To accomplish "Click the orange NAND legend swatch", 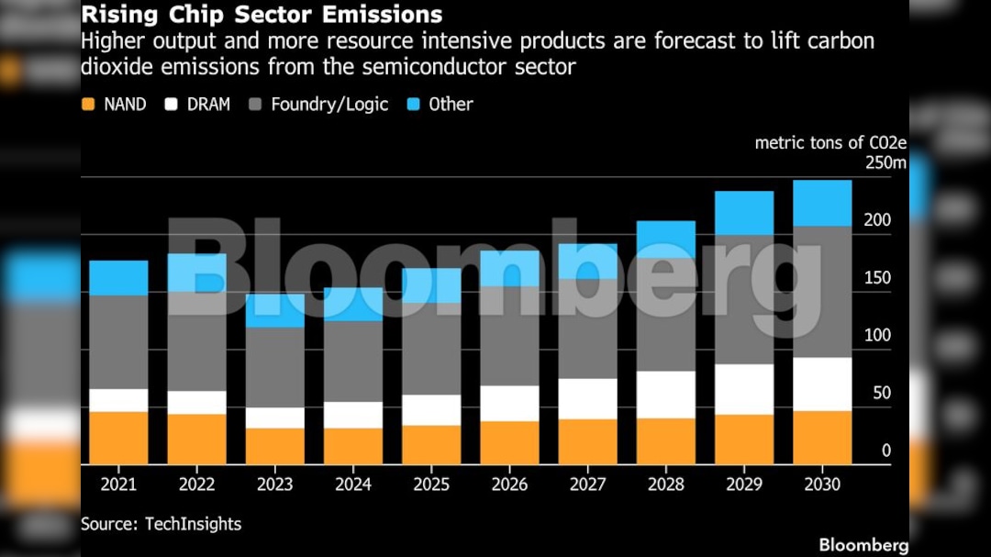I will [x=89, y=105].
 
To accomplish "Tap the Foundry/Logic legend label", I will [x=329, y=105].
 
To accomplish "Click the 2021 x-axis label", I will [x=118, y=484].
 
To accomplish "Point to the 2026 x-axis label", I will [x=509, y=484].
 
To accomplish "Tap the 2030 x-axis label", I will [x=822, y=484].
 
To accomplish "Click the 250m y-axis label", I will [x=885, y=163].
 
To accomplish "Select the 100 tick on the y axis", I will [x=877, y=336].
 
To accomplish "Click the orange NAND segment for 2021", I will [x=118, y=438].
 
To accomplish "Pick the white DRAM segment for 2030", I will [x=822, y=384].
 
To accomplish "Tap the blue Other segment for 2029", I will [x=744, y=213].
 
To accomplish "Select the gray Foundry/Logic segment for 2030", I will [x=822, y=292].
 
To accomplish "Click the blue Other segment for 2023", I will [x=274, y=311].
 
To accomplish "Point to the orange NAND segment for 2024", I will [x=353, y=446].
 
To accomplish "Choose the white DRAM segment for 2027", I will [x=587, y=399].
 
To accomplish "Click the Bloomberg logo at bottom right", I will [x=863, y=545].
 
